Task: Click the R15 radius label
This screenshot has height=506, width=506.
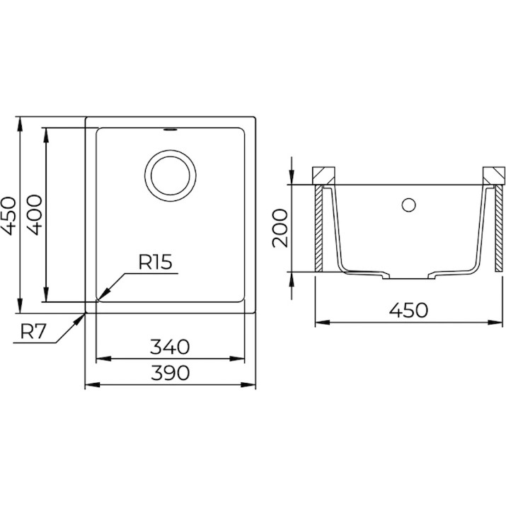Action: (x=155, y=262)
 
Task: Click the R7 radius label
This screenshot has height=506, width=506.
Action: (x=33, y=331)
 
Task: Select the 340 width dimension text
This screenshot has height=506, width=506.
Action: (x=170, y=347)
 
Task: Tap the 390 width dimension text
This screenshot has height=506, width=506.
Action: (x=170, y=373)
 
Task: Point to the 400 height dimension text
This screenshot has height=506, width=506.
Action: (x=34, y=215)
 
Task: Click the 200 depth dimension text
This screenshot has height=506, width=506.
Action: (x=280, y=228)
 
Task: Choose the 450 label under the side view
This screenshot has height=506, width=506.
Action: (x=408, y=310)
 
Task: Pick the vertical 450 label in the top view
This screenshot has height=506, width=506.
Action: (x=8, y=216)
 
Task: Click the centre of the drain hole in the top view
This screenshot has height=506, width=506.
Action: (x=171, y=176)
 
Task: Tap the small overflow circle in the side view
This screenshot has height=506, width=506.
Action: (x=408, y=205)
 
